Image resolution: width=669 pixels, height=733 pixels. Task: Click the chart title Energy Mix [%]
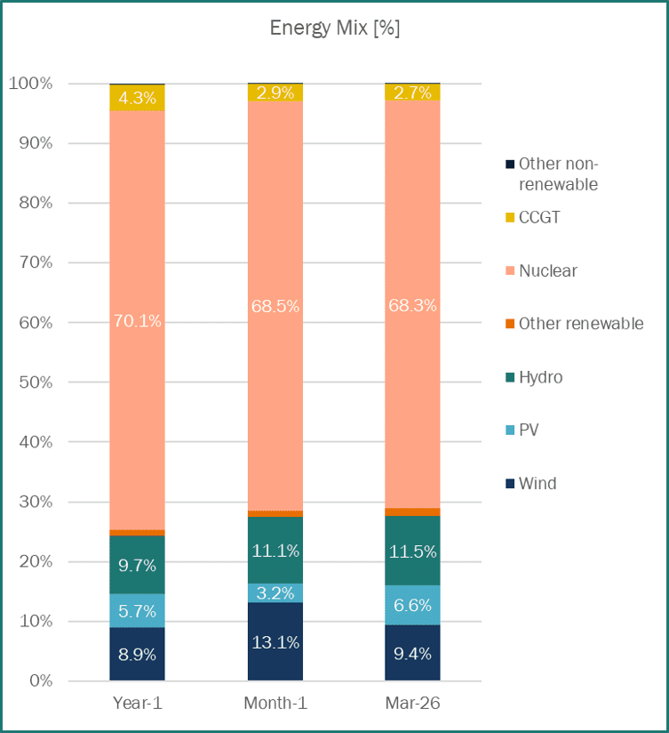(x=335, y=28)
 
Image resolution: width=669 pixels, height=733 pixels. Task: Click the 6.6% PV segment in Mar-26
(x=412, y=605)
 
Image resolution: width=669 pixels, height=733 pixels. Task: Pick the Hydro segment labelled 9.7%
(x=137, y=565)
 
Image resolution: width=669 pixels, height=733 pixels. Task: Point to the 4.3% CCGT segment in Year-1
(x=137, y=97)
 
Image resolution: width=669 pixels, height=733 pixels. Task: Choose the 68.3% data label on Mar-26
(x=412, y=305)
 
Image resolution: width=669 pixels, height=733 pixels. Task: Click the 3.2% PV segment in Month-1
(x=275, y=593)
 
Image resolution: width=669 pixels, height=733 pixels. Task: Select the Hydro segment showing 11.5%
(x=412, y=552)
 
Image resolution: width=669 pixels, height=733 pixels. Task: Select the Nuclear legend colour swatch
(x=510, y=270)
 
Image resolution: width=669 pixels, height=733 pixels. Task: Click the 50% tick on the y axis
(x=36, y=383)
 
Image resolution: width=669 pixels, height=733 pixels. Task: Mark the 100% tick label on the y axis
(x=32, y=84)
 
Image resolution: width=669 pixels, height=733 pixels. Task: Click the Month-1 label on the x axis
(x=275, y=704)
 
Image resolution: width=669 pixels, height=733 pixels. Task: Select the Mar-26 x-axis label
(x=412, y=704)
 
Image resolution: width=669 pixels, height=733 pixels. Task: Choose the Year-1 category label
(x=137, y=704)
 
